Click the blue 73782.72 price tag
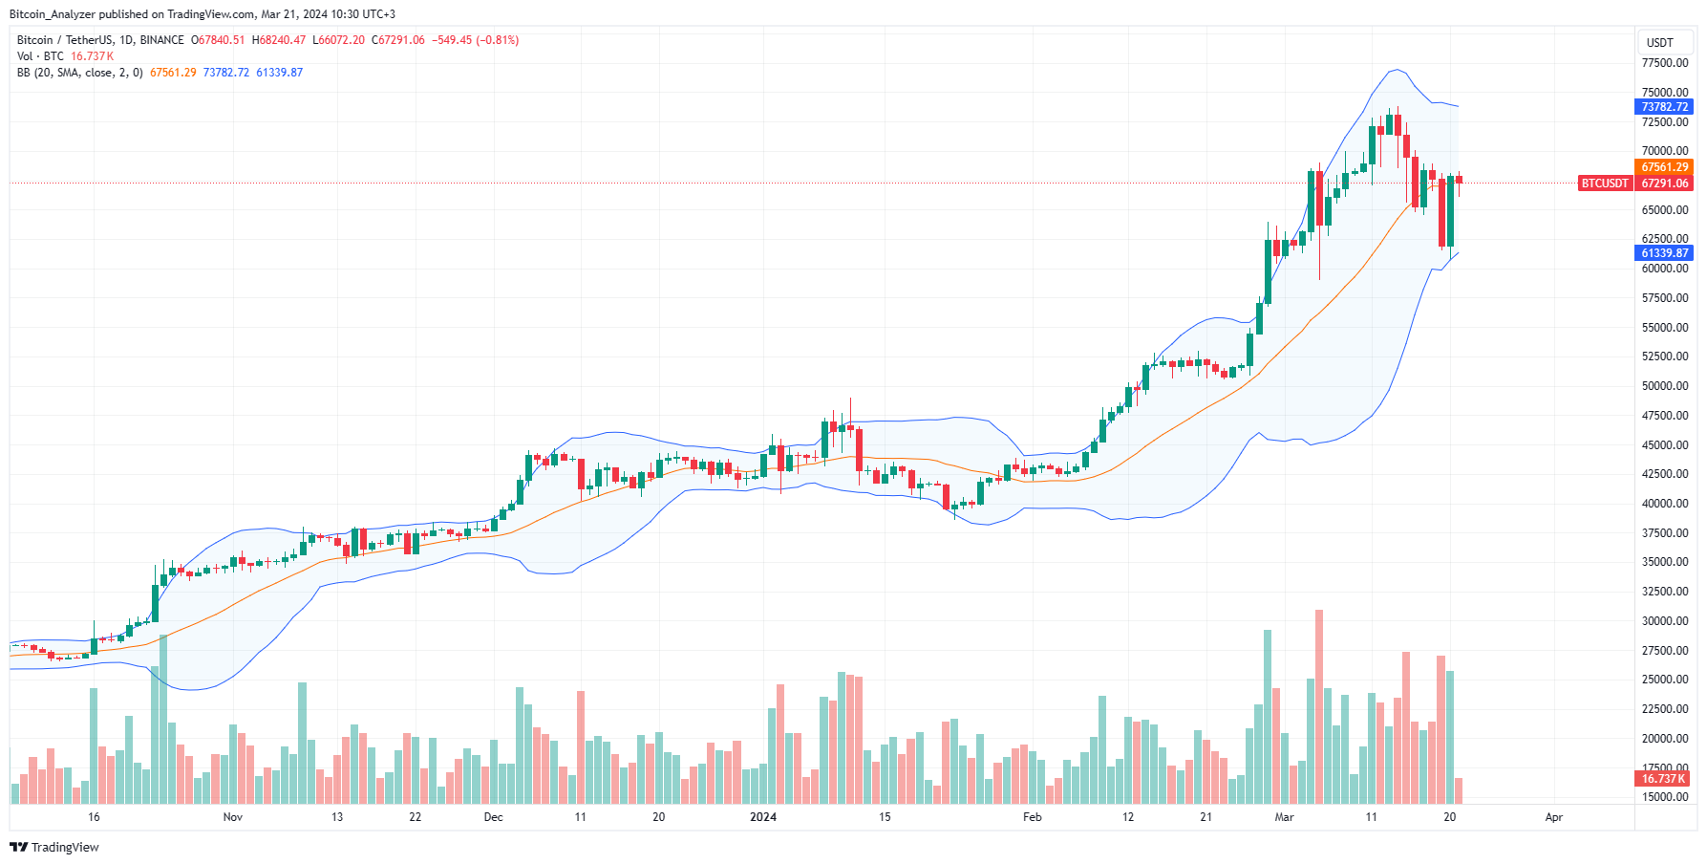point(1665,107)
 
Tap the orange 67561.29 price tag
point(1665,167)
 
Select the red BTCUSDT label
point(1605,184)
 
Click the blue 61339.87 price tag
point(1665,253)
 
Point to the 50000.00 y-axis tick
point(1665,386)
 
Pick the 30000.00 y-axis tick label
point(1665,621)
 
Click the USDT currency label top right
point(1660,42)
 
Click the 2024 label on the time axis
point(763,817)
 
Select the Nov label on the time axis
point(233,817)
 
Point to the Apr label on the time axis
point(1554,817)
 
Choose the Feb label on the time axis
point(1032,817)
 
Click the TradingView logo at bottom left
point(54,847)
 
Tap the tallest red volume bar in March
point(1319,707)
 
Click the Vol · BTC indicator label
point(40,56)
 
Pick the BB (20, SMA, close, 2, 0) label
point(80,73)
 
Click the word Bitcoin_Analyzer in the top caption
point(52,14)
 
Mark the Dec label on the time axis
point(493,817)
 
